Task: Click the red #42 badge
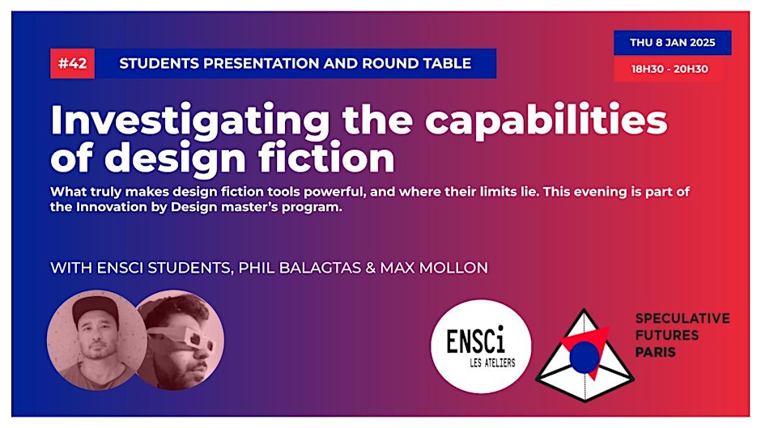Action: [x=72, y=64]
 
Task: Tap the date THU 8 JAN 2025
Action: [x=672, y=43]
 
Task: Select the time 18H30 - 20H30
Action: [x=670, y=69]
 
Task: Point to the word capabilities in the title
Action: [x=546, y=121]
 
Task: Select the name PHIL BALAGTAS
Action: [x=300, y=268]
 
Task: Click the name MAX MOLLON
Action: [x=434, y=268]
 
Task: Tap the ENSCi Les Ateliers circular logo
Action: [x=481, y=346]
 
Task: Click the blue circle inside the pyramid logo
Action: [x=585, y=358]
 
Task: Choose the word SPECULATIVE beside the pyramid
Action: [x=682, y=318]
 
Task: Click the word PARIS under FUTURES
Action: [x=655, y=352]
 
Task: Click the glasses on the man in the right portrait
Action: [x=181, y=337]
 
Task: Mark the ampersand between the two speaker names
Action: [x=370, y=268]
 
